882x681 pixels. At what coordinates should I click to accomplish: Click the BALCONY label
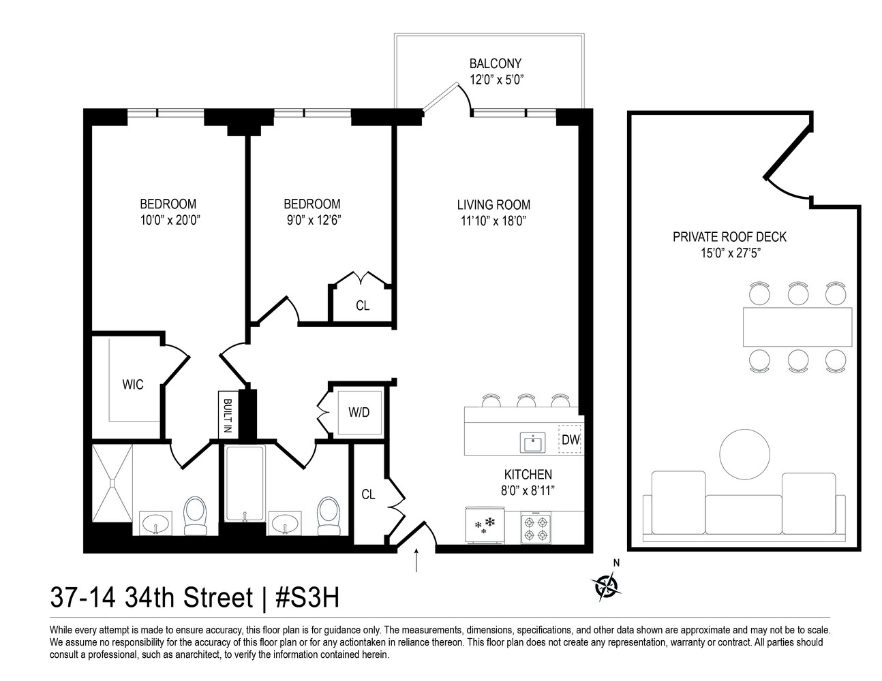click(496, 64)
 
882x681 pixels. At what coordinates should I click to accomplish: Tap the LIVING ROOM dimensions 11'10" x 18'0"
click(493, 221)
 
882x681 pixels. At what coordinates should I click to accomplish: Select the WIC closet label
click(133, 385)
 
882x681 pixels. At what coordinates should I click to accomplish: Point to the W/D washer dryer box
click(359, 413)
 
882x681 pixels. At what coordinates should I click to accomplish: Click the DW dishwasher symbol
click(570, 440)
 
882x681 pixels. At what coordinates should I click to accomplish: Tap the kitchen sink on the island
click(531, 443)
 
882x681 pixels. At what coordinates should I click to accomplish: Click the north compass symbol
click(605, 585)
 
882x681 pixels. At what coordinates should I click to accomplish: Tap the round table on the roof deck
click(745, 455)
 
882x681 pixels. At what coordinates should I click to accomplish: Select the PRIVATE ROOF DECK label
click(729, 237)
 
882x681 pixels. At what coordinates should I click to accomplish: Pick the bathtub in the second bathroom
click(244, 485)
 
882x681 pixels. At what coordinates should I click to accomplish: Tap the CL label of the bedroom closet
click(363, 306)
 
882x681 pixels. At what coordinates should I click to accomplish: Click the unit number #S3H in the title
click(307, 599)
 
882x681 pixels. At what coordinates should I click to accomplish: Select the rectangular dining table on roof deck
click(797, 327)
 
